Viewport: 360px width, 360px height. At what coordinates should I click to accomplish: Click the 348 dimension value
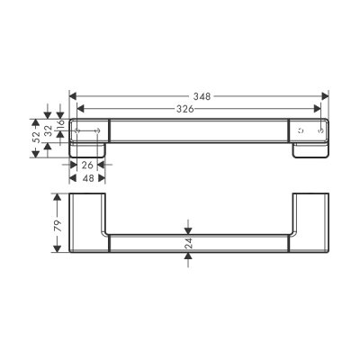coord(202,96)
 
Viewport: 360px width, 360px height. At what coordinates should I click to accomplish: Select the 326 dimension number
coord(184,109)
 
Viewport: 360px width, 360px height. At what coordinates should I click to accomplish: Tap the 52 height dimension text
coord(36,137)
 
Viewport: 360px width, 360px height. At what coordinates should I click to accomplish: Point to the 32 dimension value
coord(49,130)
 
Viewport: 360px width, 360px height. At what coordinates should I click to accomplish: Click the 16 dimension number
coord(60,123)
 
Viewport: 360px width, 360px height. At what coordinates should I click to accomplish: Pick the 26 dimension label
coord(87,165)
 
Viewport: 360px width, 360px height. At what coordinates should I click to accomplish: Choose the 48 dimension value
coord(88,178)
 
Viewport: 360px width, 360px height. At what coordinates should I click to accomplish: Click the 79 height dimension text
coord(58,225)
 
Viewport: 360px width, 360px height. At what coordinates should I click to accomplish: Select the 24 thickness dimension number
coord(188,243)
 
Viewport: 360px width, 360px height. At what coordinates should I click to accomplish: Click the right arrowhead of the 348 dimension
coord(325,96)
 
